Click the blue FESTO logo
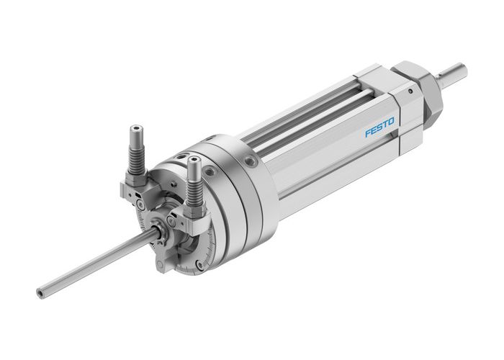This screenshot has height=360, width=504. (x=379, y=130)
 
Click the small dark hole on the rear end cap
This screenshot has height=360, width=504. (x=410, y=91)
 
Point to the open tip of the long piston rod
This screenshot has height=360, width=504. (x=40, y=293)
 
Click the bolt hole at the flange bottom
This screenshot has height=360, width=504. (x=199, y=265)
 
